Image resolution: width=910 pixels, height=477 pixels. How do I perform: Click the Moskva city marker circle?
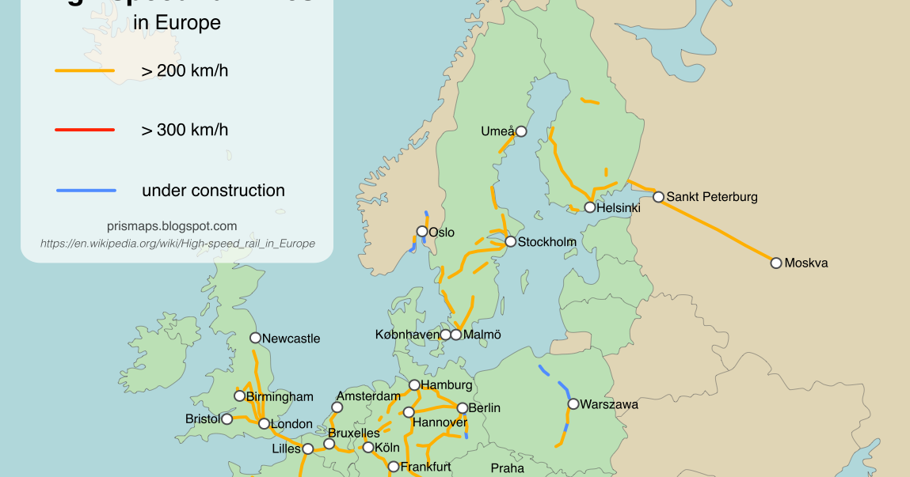[776, 263]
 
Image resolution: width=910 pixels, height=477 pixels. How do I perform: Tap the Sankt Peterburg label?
[711, 197]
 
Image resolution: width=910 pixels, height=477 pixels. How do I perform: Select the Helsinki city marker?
[590, 207]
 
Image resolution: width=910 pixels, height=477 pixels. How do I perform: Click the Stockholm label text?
[546, 242]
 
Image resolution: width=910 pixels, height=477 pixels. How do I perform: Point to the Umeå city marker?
[521, 131]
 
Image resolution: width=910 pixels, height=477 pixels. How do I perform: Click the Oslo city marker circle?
[422, 232]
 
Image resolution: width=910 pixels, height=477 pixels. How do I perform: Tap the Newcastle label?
[291, 339]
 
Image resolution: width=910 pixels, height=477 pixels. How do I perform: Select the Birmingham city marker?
[239, 396]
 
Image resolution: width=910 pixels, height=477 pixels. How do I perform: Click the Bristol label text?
[203, 418]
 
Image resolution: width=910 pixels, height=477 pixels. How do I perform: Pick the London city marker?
[264, 424]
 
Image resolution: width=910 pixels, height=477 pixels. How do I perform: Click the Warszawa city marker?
[573, 404]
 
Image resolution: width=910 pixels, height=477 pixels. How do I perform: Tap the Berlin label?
[485, 408]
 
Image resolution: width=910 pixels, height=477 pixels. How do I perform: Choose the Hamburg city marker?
[414, 385]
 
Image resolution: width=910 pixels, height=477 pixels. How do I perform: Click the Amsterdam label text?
[368, 396]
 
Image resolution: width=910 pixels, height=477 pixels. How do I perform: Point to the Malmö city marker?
[456, 335]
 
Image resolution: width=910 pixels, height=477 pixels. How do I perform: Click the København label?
[407, 335]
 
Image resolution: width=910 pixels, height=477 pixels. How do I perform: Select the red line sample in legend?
[85, 130]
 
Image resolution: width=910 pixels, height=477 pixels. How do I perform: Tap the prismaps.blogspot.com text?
[172, 226]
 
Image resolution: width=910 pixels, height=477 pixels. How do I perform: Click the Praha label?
[507, 468]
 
